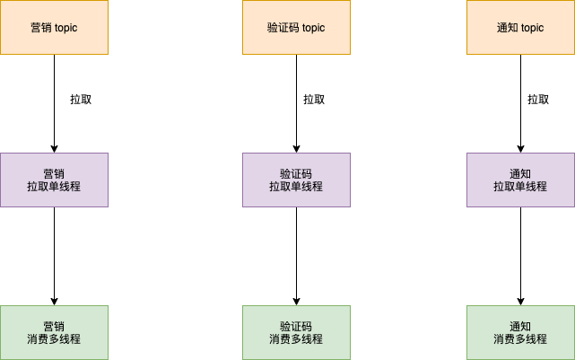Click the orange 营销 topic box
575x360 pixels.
pos(54,27)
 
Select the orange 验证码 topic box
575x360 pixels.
pos(296,27)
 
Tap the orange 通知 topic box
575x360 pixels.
pos(520,27)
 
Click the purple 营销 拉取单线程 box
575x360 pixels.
pos(54,180)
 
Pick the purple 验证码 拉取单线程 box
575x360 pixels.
pos(296,180)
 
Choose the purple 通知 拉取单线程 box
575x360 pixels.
pos(520,180)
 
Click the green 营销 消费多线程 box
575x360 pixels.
pos(54,332)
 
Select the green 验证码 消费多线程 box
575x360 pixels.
pos(296,332)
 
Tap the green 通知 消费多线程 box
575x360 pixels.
pos(520,332)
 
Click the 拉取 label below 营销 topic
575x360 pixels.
pos(81,100)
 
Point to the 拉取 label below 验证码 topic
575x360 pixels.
pos(314,100)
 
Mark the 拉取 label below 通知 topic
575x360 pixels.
pos(538,100)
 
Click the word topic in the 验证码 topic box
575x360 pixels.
pos(313,28)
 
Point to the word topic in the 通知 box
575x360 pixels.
pos(532,28)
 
